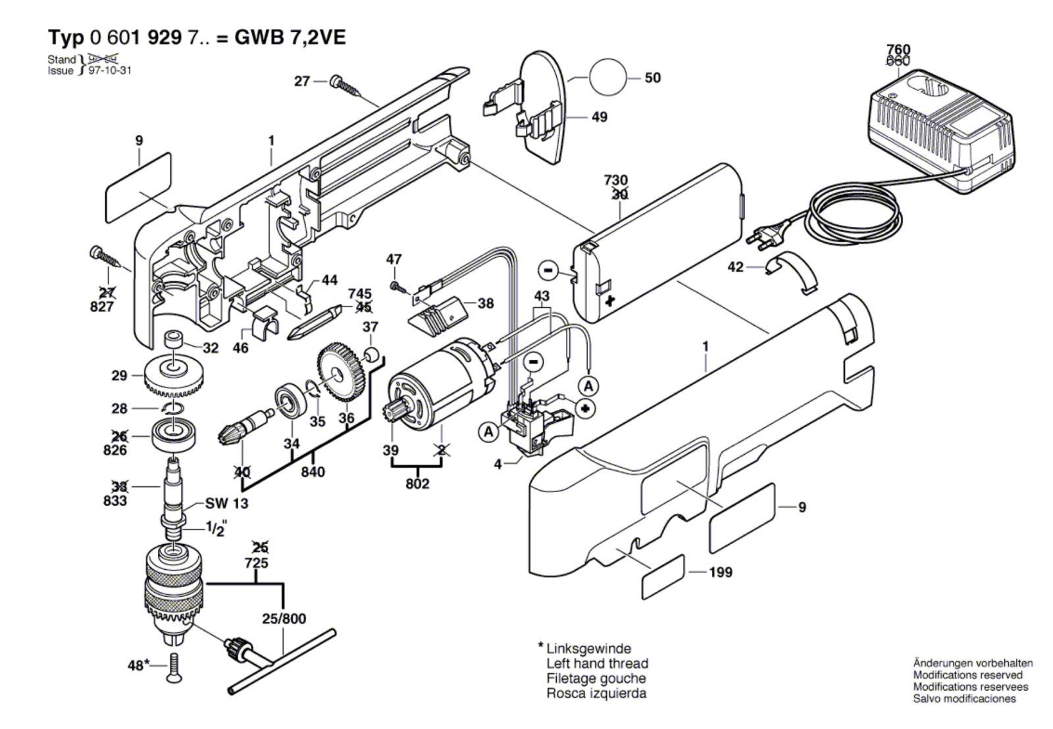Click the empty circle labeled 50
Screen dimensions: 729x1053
(x=609, y=78)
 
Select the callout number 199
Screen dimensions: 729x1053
(x=721, y=572)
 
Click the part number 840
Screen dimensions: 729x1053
(x=313, y=472)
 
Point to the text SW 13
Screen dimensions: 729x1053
(x=217, y=503)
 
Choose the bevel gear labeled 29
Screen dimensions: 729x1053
(x=174, y=378)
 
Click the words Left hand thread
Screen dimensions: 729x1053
(x=597, y=663)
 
